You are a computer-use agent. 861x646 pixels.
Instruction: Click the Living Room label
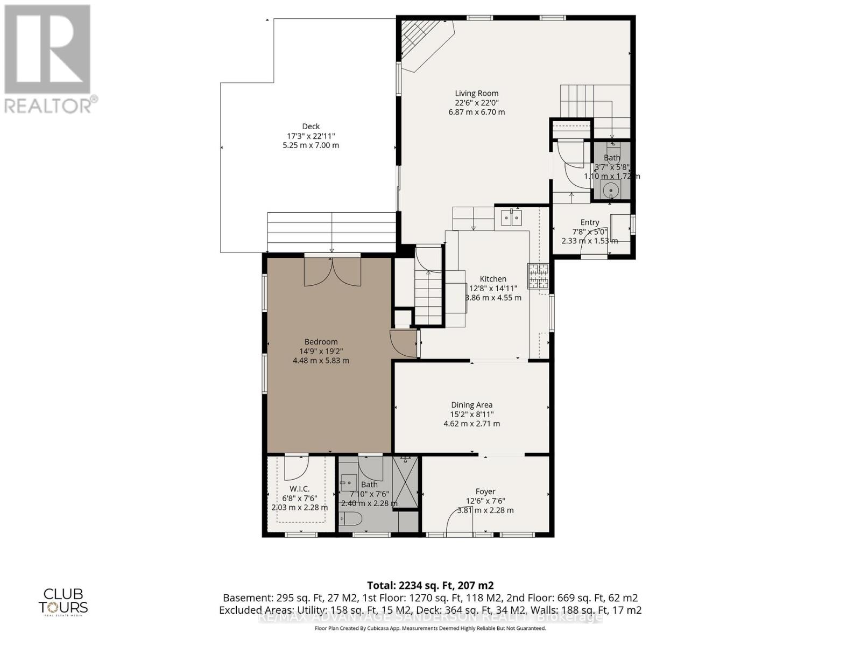coord(477,93)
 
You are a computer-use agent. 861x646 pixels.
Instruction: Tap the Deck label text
coord(310,127)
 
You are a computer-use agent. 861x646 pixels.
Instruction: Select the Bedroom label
coord(321,341)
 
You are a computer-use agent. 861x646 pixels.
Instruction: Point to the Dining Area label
coord(471,405)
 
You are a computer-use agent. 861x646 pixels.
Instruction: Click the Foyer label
coord(485,491)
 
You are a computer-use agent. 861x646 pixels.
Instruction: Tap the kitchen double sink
coord(511,217)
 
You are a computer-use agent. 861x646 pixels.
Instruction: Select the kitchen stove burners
coord(538,276)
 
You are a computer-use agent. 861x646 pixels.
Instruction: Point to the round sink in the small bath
coord(611,190)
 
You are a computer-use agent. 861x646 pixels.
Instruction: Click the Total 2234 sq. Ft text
coord(430,585)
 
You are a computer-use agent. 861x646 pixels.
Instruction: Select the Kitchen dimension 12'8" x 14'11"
coord(493,288)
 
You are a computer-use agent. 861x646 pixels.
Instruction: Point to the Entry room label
coord(590,222)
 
